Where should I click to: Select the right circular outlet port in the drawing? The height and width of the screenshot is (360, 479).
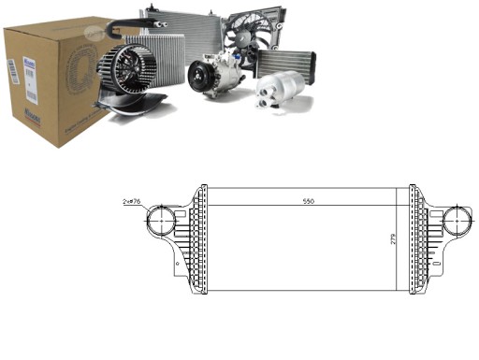(x=457, y=223)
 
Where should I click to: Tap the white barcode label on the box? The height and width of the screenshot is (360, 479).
(x=13, y=79)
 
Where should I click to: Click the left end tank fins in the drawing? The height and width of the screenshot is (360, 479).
(x=196, y=238)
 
